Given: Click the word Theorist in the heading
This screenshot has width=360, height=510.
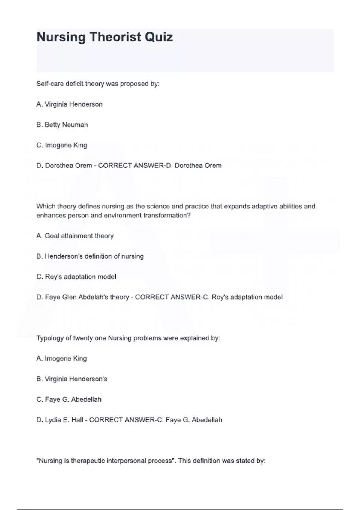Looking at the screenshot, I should [x=115, y=37].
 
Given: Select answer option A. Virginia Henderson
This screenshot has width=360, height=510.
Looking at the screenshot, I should [x=69, y=104].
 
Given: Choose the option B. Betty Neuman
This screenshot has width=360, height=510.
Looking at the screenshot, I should [x=62, y=125].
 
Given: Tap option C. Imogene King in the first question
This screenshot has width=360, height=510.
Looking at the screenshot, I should [x=62, y=145].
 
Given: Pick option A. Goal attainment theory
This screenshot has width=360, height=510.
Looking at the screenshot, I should [x=75, y=236].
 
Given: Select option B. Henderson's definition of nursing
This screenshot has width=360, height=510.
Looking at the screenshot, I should [x=90, y=256].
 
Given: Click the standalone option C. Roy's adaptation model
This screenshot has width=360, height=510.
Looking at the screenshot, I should [x=76, y=277].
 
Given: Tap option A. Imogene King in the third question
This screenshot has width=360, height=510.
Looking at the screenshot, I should [x=61, y=358].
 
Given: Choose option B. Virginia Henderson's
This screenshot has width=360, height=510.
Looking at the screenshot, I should [x=72, y=379].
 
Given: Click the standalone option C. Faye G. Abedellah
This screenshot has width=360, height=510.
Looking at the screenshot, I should [x=69, y=400].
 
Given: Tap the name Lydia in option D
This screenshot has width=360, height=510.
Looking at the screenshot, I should [x=53, y=420].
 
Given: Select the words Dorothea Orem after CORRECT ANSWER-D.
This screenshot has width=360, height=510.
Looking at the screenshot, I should [x=198, y=166].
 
